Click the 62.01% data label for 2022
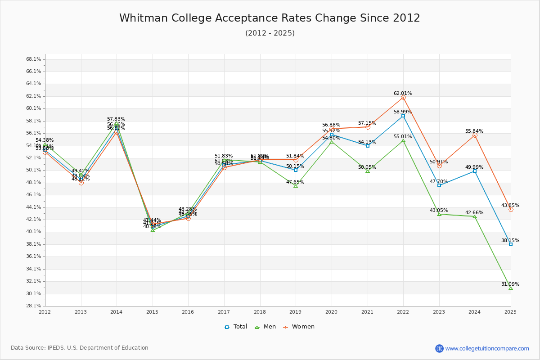point(403,94)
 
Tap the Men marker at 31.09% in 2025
point(511,288)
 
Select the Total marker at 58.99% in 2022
point(403,116)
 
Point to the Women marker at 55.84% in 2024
point(475,135)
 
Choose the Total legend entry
point(236,327)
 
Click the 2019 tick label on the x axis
point(296,311)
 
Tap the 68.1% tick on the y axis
point(34,59)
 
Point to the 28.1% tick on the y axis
point(34,306)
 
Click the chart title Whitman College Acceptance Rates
point(270,18)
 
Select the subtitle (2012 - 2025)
point(270,33)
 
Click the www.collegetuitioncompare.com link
point(487,348)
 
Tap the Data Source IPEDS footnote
point(80,348)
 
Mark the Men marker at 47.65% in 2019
point(296,185)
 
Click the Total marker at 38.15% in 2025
point(511,244)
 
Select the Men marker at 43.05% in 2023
point(439,214)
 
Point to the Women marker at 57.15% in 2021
point(368,127)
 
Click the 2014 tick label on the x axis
point(117,311)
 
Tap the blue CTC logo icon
point(439,348)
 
